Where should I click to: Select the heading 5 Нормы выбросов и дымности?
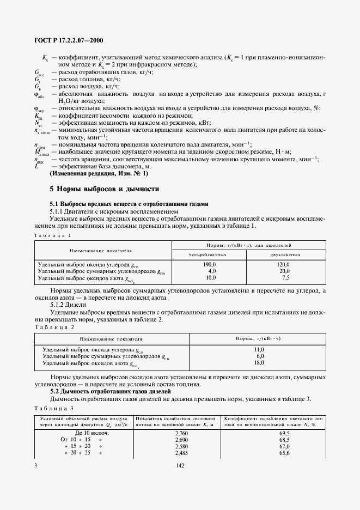pos(105,189)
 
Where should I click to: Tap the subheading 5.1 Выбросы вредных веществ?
pos(129,204)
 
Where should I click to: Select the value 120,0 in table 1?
pos(284,264)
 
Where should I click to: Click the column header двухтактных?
pos(285,254)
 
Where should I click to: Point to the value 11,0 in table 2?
pos(259,349)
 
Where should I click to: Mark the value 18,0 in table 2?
pos(259,362)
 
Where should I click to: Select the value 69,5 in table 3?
pos(284,433)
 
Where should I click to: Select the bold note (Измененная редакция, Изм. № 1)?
pos(99,173)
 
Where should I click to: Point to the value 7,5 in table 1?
pos(284,277)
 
